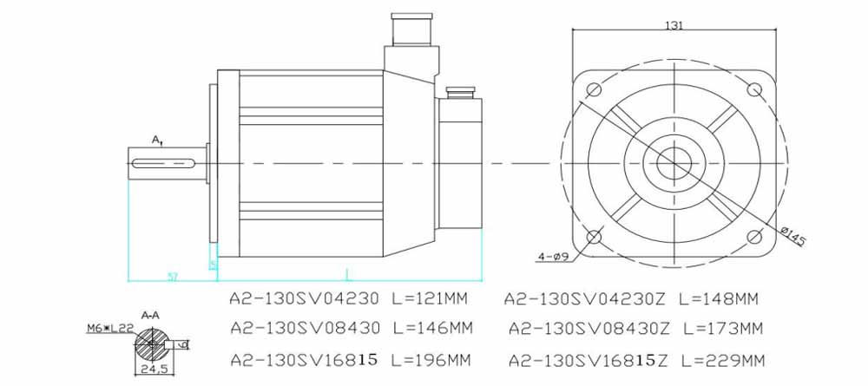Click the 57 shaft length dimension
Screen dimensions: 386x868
click(173, 276)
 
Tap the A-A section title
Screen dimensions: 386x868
click(149, 317)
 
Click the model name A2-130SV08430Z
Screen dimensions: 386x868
click(587, 329)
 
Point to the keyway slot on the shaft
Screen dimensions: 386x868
click(165, 161)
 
